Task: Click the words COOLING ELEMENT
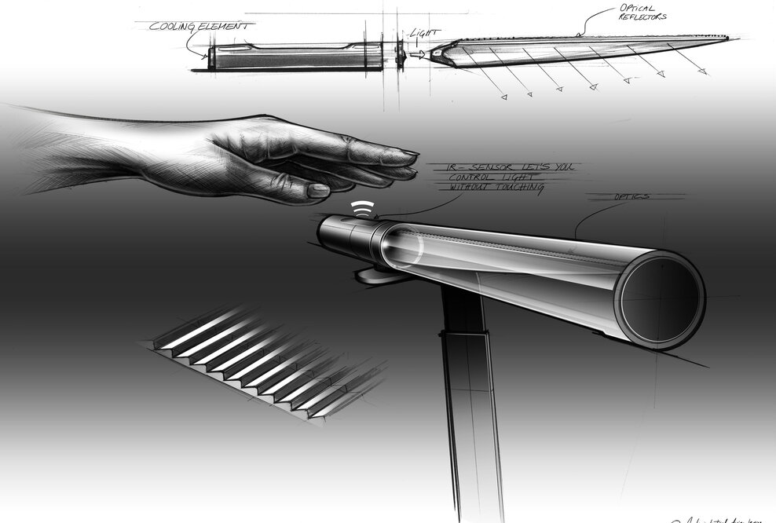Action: tap(200, 25)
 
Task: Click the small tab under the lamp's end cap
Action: tap(369, 274)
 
